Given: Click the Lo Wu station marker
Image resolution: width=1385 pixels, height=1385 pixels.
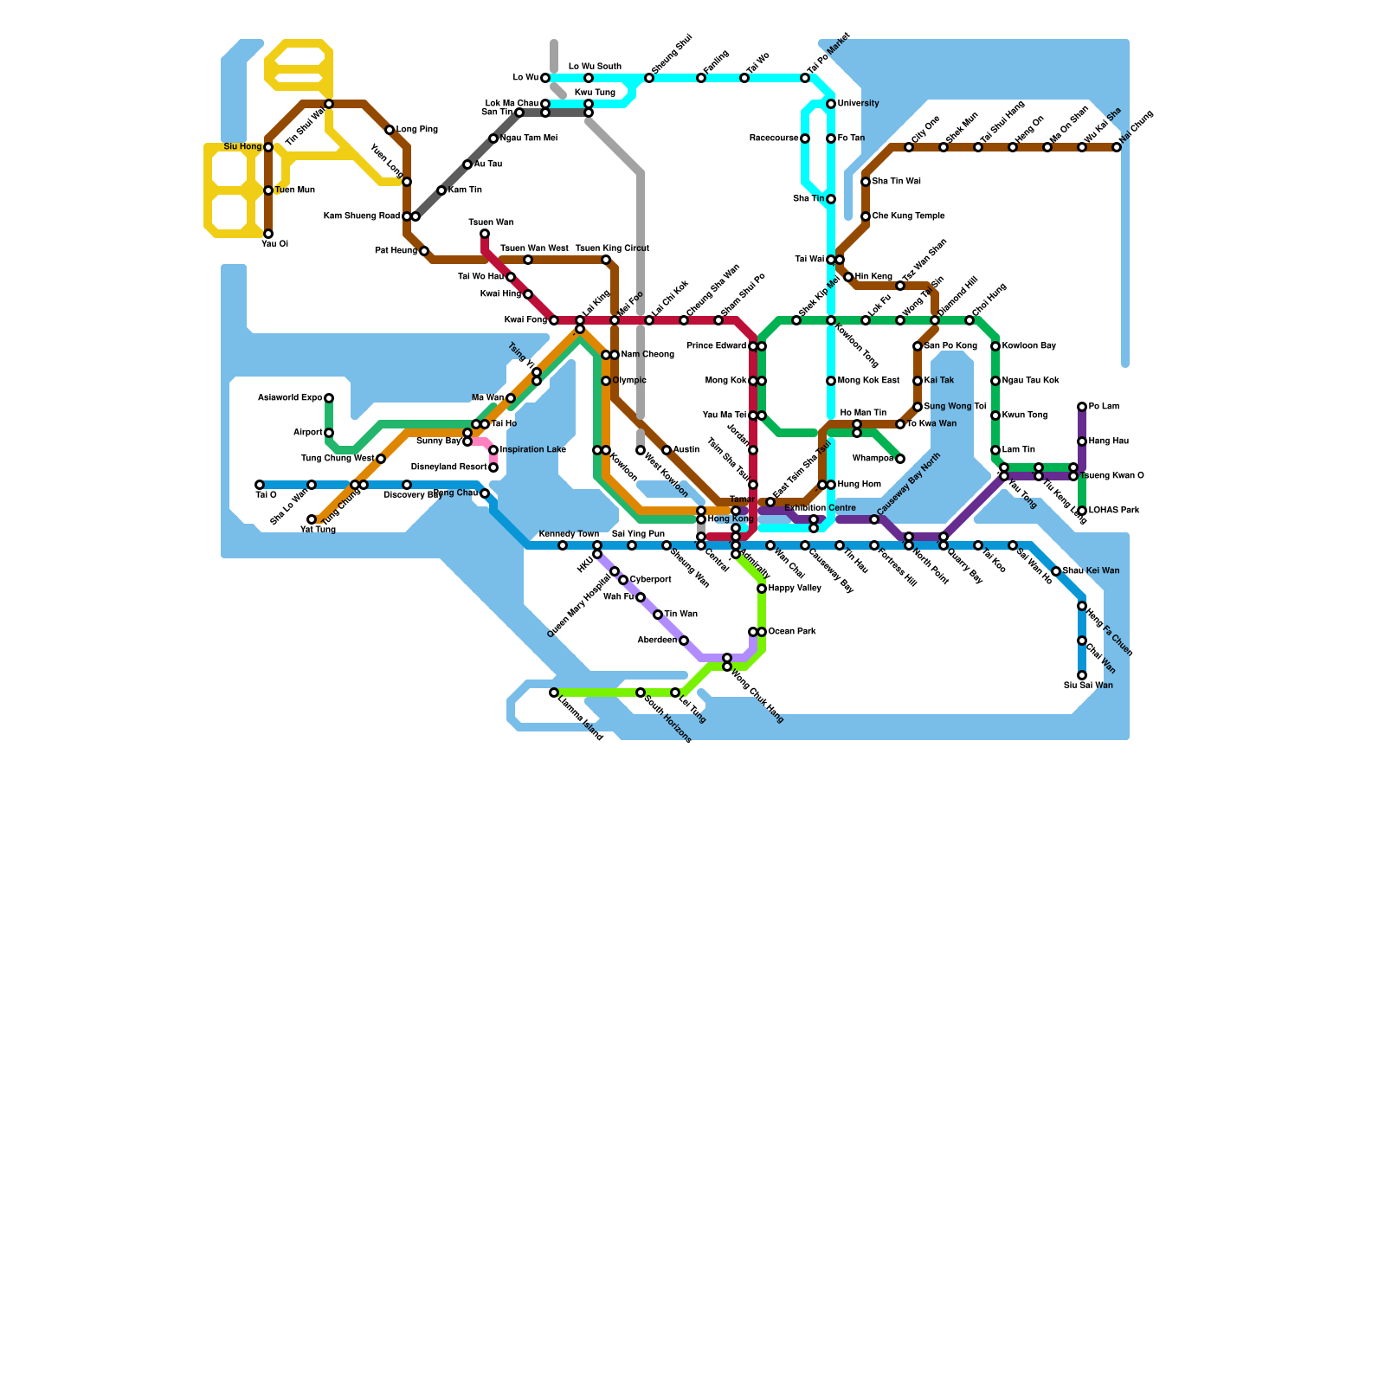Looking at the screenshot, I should pos(545,78).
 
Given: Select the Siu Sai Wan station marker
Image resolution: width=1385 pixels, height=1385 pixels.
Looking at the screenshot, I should pos(1082,675).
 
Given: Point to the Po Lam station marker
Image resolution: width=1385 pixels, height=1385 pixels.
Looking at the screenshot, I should pos(1082,407).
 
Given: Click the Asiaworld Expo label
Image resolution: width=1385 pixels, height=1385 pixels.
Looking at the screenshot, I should pos(290,398).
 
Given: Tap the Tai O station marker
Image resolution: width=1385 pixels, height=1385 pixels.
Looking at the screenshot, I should pos(260,485).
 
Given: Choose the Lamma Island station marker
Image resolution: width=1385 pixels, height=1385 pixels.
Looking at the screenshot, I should pos(554,692).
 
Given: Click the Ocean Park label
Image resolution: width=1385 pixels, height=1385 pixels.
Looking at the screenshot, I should pos(792,632).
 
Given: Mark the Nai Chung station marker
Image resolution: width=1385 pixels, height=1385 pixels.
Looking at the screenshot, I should pos(1117,147).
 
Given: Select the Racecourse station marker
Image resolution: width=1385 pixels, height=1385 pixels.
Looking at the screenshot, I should pos(805,138).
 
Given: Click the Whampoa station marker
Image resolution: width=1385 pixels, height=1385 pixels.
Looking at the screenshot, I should pos(900,459).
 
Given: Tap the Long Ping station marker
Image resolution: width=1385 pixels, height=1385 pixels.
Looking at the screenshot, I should pos(390,130).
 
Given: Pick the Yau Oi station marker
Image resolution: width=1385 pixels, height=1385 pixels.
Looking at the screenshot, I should pos(268,234).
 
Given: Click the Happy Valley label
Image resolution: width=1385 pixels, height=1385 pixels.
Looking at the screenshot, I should pos(795,589).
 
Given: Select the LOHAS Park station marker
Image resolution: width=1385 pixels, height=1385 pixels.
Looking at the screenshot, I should pos(1082,511).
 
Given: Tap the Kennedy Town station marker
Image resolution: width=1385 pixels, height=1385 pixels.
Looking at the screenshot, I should pos(563,545).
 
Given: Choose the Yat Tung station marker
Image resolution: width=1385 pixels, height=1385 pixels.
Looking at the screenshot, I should pos(312,519).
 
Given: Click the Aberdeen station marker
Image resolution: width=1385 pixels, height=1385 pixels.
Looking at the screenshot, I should pos(684,641).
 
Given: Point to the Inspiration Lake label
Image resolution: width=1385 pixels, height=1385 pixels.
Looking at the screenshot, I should pos(533,450).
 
